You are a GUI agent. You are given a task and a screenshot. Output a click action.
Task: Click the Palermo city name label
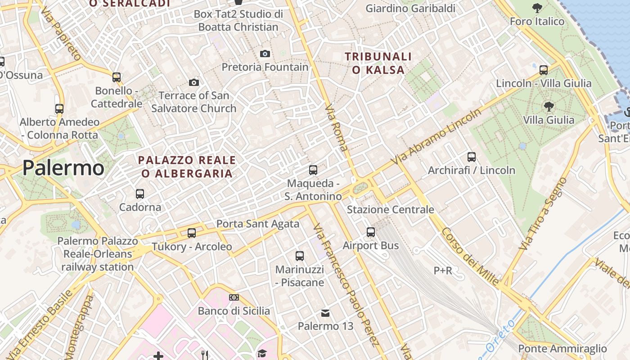[63, 168]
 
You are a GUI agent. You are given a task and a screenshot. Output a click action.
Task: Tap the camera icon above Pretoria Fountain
[265, 54]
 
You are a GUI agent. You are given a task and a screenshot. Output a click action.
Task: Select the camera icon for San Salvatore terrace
[194, 82]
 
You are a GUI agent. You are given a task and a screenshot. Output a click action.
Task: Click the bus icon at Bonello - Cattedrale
[117, 77]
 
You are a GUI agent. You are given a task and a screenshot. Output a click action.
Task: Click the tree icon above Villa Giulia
[549, 107]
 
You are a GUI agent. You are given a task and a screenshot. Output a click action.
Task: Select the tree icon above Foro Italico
[537, 8]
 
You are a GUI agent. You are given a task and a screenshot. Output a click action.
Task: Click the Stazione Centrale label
[390, 210]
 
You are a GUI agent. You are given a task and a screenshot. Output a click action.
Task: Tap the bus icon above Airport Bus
[371, 232]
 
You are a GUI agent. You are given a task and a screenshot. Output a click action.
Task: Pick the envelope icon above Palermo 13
[325, 313]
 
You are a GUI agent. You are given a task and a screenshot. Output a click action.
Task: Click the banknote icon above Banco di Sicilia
[234, 297]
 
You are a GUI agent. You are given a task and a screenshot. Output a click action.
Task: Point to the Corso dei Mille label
[470, 256]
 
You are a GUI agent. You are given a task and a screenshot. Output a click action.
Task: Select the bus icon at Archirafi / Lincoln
[472, 157]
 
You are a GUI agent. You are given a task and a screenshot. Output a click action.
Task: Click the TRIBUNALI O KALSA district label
[378, 63]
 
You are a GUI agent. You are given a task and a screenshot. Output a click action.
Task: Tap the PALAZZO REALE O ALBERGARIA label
[187, 166]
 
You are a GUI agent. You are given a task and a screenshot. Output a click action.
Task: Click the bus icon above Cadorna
[140, 194]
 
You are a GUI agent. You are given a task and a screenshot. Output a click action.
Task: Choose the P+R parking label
[443, 270]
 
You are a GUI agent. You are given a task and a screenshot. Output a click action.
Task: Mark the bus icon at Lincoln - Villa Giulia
[544, 70]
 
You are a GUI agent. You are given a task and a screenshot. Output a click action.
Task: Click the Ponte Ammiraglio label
[562, 349]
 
